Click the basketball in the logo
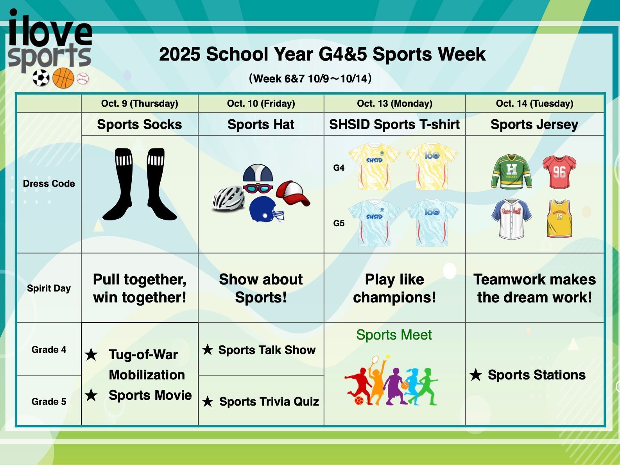(63, 78)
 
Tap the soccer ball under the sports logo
(41, 78)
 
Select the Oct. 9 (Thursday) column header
(140, 103)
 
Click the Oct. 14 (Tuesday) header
(534, 103)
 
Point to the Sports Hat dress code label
(261, 124)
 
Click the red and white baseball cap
(293, 193)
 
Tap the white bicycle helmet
(228, 198)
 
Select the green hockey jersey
(512, 172)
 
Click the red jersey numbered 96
(559, 172)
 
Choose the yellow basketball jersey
(559, 218)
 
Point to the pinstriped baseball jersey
(512, 219)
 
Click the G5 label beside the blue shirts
(339, 224)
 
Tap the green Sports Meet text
(394, 335)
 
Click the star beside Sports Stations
(476, 375)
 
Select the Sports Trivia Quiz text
(269, 401)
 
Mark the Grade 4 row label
(49, 349)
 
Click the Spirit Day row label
(49, 288)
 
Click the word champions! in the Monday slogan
(394, 297)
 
